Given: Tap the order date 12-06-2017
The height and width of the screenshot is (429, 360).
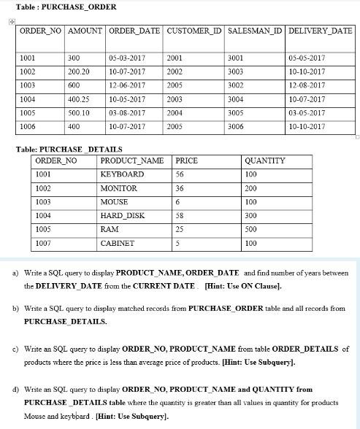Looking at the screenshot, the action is coord(126,85).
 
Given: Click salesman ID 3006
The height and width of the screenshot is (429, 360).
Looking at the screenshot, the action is coord(237,126).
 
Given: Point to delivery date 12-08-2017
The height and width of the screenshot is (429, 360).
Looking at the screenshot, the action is coord(307,85).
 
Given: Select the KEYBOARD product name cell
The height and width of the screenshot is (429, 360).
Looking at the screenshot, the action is coord(122,174).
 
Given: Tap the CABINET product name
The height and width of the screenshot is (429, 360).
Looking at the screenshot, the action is coord(117,243).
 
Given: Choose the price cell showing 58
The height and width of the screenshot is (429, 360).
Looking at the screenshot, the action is coord(180,215).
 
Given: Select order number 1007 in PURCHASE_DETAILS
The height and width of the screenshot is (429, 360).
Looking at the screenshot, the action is coord(46,243).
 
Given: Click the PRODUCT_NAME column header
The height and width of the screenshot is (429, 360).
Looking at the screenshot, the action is coord(131,161).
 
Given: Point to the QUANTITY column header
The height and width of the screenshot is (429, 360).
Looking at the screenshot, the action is coord(265,161).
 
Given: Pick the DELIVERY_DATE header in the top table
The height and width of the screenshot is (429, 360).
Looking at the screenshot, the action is coord(320,33).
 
